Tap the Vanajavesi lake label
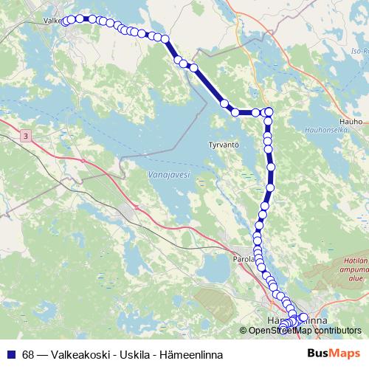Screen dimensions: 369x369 (x=169, y=175)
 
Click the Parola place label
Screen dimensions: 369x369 (x=243, y=260)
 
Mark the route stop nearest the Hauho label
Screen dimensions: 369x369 (x=269, y=111)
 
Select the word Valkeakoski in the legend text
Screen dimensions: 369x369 (x=82, y=354)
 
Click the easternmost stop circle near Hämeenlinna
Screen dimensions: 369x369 (x=303, y=317)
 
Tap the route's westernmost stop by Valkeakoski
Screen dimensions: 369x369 (x=65, y=21)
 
